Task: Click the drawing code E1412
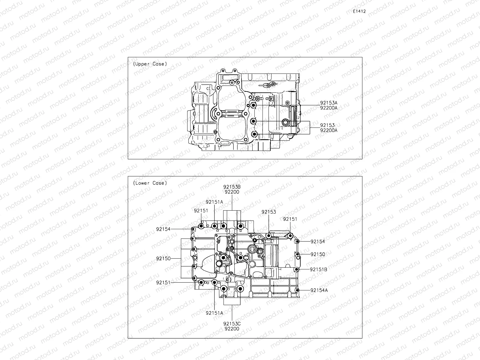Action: click(x=359, y=11)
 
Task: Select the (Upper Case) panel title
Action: click(x=150, y=64)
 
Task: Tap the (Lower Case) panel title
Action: click(x=150, y=183)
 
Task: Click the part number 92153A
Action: click(x=328, y=103)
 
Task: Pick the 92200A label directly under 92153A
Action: click(x=328, y=108)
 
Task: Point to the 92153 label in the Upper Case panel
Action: click(x=327, y=125)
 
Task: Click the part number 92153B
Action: click(x=232, y=187)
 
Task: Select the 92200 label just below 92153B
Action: click(x=232, y=192)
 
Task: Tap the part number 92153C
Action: click(x=232, y=323)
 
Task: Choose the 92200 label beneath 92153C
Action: click(x=232, y=328)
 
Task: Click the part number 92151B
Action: click(x=319, y=269)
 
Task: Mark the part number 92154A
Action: click(x=319, y=290)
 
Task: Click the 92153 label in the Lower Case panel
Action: click(x=268, y=212)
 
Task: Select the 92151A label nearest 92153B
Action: click(x=214, y=202)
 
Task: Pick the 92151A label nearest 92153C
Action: click(x=214, y=313)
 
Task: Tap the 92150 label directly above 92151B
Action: click(x=317, y=254)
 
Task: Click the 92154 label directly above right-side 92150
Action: click(x=317, y=241)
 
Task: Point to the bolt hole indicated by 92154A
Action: click(x=297, y=290)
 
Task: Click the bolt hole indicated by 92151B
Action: click(x=296, y=269)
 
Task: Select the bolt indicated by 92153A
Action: click(x=254, y=106)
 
